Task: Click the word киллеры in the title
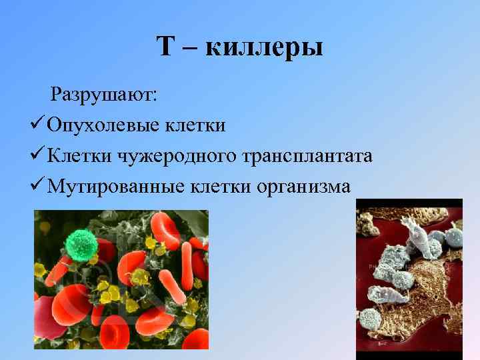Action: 265,47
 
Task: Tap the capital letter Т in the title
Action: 166,47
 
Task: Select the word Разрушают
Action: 103,94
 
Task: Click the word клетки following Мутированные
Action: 216,187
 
